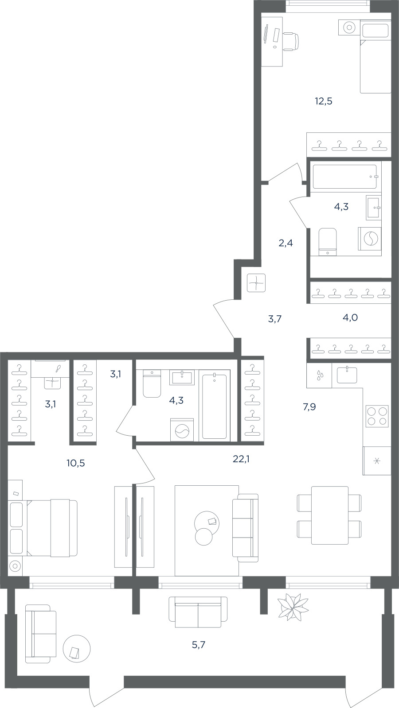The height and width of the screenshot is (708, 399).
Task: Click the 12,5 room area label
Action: click(x=323, y=101)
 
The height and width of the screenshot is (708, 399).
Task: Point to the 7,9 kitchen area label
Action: click(x=309, y=407)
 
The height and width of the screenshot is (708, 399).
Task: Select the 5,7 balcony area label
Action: click(x=199, y=645)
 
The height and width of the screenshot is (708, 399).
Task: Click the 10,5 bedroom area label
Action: click(x=76, y=463)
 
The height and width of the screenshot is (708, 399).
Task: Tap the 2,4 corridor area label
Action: click(x=286, y=244)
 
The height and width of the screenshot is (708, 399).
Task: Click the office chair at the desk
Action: click(x=290, y=41)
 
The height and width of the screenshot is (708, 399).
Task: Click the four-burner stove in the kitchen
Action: click(x=377, y=416)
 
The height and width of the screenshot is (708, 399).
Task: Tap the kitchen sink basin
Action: click(x=347, y=375)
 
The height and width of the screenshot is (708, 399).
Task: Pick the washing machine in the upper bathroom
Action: click(x=370, y=239)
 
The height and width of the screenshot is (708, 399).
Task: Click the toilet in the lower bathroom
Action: click(x=152, y=383)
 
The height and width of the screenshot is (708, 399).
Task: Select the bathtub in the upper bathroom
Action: click(x=344, y=177)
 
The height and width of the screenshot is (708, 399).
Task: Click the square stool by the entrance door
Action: click(x=256, y=282)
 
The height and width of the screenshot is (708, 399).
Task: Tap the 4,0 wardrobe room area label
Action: click(x=350, y=317)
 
